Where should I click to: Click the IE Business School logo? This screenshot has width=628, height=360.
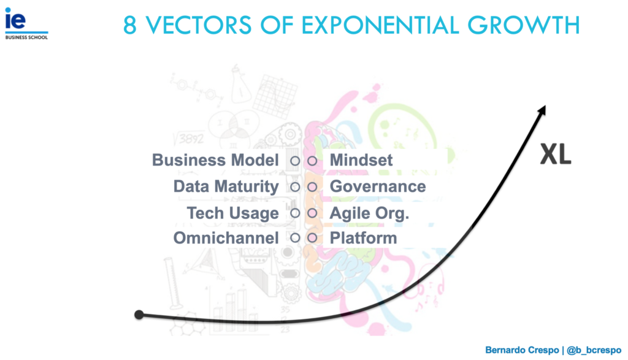[26, 24]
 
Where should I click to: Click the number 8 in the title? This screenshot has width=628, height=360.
[130, 25]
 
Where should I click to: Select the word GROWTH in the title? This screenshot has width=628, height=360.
[524, 25]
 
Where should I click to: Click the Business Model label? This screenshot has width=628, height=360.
[215, 160]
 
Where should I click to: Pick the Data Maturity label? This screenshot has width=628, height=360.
[226, 187]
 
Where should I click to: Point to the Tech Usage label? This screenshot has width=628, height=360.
[232, 213]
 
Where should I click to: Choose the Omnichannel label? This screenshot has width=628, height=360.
[226, 239]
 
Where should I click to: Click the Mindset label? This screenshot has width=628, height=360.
[361, 160]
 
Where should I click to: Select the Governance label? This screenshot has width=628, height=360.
[378, 186]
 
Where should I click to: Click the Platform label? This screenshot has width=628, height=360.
[363, 239]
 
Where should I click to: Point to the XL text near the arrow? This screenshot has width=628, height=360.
[556, 154]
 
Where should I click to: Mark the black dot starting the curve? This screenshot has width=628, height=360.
[139, 315]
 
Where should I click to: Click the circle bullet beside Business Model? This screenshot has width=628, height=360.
[295, 161]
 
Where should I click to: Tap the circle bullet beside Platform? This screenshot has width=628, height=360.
[312, 239]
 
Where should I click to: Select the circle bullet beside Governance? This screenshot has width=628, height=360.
[312, 187]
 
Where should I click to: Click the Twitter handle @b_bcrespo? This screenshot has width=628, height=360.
[594, 350]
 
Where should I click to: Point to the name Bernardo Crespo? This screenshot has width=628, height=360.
[522, 350]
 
